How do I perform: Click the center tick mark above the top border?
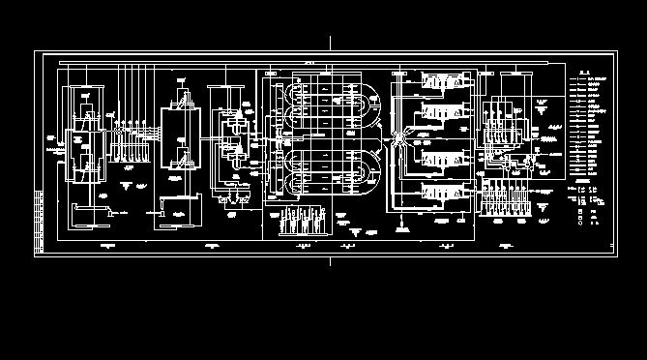[330, 43]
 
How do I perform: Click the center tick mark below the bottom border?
[330, 261]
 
